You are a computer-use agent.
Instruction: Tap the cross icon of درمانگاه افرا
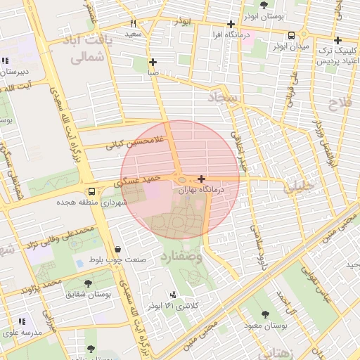tap(231, 24)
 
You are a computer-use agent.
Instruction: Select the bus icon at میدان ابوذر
tap(291, 35)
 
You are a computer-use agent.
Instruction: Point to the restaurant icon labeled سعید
tap(134, 23)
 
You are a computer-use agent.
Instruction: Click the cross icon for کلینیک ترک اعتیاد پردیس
tap(338, 40)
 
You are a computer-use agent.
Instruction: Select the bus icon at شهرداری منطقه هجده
tap(91, 191)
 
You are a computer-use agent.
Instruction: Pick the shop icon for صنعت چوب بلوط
tap(117, 249)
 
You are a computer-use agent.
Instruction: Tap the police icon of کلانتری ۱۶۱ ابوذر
tap(173, 295)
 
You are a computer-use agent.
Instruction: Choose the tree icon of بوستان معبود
tap(264, 314)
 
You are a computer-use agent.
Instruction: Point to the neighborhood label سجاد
tap(224, 98)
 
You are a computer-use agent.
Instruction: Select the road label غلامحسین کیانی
tap(134, 143)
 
